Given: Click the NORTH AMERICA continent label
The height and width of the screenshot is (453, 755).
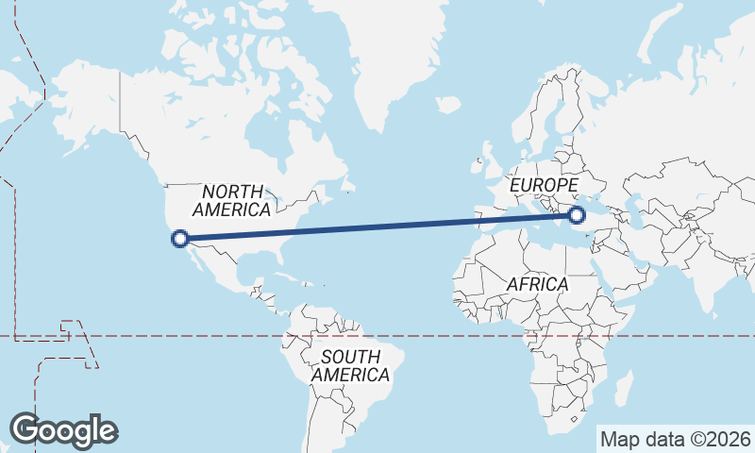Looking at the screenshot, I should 231,200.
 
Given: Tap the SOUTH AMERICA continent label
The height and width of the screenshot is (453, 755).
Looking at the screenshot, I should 350,366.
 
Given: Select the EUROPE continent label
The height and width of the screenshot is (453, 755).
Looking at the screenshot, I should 543,185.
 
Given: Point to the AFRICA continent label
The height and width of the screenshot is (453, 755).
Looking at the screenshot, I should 537,284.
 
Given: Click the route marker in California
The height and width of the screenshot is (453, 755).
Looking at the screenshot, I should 179,239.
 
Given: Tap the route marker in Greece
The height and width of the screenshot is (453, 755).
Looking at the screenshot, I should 578,216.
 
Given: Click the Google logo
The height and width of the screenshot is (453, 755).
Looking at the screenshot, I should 63,430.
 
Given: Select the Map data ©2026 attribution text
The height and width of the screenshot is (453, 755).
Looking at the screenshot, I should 676,439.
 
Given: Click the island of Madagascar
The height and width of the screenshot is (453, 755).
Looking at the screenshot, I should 623,387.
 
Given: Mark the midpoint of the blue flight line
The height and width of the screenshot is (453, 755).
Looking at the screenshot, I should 378,227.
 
